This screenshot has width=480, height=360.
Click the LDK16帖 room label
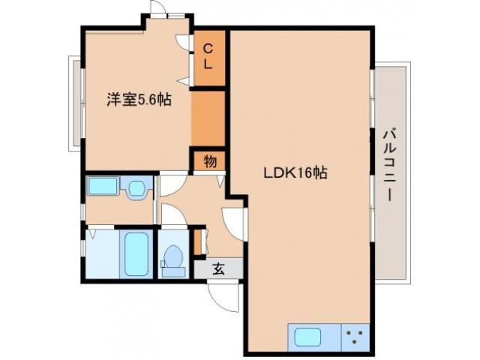coord(295,172)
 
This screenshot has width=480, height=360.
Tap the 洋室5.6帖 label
coord(137,99)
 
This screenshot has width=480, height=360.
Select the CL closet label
coord(208,56)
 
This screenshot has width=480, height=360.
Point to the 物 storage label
coord(209,160)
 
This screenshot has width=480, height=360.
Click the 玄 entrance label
coord(217,268)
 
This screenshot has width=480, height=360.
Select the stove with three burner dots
coord(356,337)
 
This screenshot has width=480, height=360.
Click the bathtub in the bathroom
coord(136,254)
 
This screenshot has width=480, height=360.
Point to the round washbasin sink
coord(136,187)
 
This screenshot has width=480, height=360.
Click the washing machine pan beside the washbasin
coord(101,186)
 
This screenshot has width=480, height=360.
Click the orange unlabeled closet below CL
coord(208,117)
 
